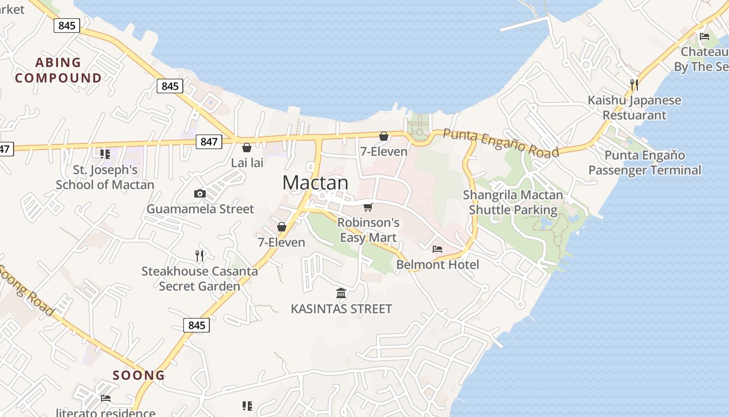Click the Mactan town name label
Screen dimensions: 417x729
pyautogui.click(x=315, y=182)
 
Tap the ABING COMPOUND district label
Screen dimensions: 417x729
pyautogui.click(x=58, y=70)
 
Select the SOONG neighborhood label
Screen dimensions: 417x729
pyautogui.click(x=139, y=375)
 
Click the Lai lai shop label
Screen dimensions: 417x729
pyautogui.click(x=247, y=163)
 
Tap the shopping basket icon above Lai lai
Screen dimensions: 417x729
pyautogui.click(x=247, y=148)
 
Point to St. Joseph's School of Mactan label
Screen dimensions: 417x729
pyautogui.click(x=105, y=177)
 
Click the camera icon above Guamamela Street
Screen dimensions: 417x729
pyautogui.click(x=199, y=194)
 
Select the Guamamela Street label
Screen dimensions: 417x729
pyautogui.click(x=200, y=209)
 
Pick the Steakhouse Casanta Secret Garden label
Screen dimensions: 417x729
pyautogui.click(x=199, y=278)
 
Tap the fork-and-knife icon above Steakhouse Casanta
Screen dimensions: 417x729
pyautogui.click(x=199, y=255)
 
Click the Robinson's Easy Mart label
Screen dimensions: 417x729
pyautogui.click(x=368, y=230)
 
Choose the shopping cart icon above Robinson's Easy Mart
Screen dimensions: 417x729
pyautogui.click(x=368, y=207)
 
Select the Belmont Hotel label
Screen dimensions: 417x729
pyautogui.click(x=437, y=264)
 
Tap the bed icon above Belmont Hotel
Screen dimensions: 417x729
pyautogui.click(x=437, y=249)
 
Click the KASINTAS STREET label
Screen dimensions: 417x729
pyautogui.click(x=341, y=309)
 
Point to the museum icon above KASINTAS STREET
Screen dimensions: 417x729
pyautogui.click(x=341, y=293)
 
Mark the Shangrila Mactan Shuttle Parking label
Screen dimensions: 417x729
pyautogui.click(x=513, y=202)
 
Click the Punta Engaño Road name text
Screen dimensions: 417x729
pyautogui.click(x=501, y=142)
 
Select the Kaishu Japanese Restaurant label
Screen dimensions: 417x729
pyautogui.click(x=634, y=107)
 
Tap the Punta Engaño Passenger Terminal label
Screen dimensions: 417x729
pyautogui.click(x=645, y=163)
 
